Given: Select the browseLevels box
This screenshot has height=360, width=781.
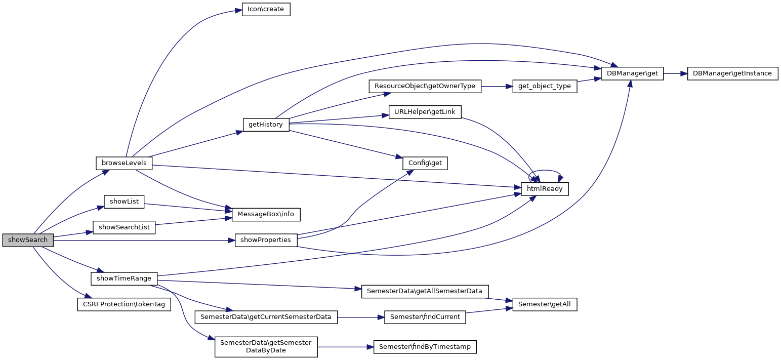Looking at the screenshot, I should tap(124, 163).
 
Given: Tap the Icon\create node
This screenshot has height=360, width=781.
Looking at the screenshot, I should tap(266, 10).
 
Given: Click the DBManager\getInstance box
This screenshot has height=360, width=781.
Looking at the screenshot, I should tap(732, 73).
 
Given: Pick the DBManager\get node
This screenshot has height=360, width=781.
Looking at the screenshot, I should tap(632, 73).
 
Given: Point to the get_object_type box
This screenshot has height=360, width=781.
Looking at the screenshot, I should tap(545, 86).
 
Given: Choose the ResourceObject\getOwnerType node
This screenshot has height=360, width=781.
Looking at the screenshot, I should tap(425, 86).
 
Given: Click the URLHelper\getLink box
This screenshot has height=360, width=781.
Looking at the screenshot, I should tap(425, 111).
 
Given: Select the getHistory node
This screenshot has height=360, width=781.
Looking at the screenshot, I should tap(266, 125).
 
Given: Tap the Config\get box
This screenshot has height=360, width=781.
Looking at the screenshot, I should tap(425, 163).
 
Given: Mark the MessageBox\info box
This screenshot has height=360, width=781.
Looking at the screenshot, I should tap(266, 214).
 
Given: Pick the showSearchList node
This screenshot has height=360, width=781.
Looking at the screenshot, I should tap(124, 227).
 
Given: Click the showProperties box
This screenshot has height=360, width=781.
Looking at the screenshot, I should tap(266, 240).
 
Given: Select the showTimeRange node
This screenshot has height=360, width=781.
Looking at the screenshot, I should tap(124, 278).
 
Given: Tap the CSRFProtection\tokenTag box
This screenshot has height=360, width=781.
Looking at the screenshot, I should tap(124, 304).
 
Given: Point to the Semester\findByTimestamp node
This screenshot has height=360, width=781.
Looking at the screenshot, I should tap(425, 347).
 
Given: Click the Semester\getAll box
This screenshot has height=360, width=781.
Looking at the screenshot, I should tap(545, 304).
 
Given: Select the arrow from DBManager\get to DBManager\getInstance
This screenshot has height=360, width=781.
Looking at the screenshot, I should tap(675, 73).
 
